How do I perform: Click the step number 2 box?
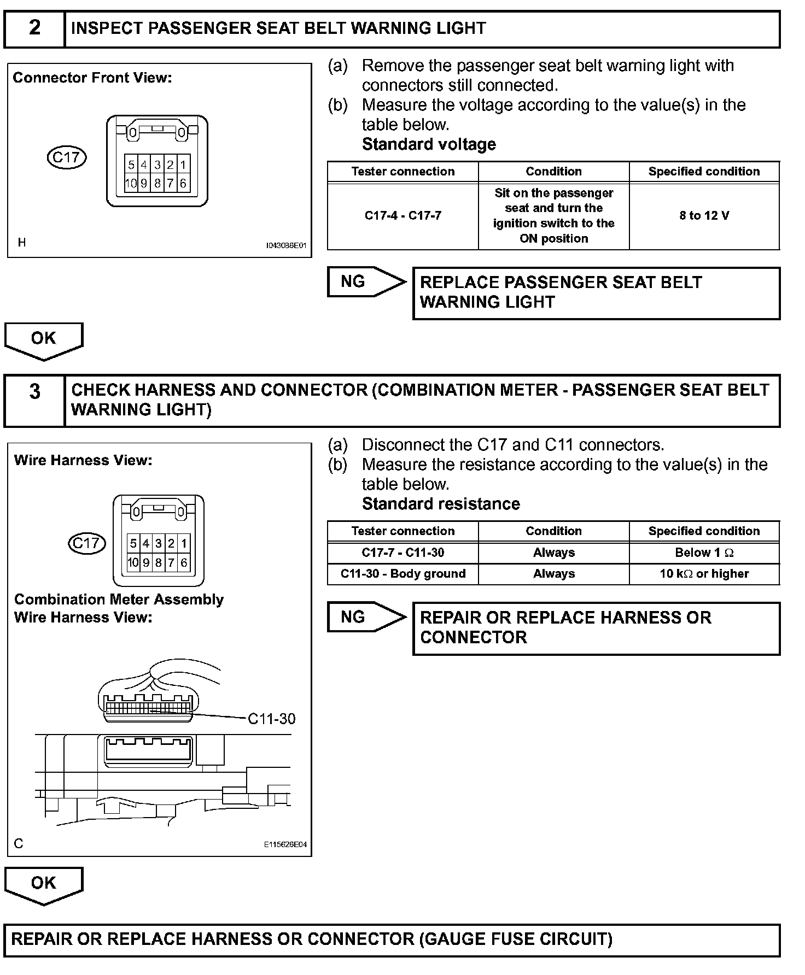(x=34, y=28)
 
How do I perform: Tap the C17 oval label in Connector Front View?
(x=67, y=157)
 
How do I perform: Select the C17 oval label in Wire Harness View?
(x=86, y=543)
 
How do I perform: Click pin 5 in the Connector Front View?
(x=131, y=165)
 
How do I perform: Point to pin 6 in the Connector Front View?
(x=183, y=184)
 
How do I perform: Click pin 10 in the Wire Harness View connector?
(x=133, y=562)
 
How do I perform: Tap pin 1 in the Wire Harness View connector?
(x=184, y=544)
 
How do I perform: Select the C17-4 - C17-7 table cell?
(x=402, y=216)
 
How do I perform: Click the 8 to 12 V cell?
(x=704, y=216)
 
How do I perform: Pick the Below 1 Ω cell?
(x=704, y=553)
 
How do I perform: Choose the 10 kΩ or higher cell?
(x=704, y=574)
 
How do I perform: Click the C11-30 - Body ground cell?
(x=402, y=574)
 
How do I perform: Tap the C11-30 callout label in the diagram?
(x=271, y=719)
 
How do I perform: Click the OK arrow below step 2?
(x=44, y=339)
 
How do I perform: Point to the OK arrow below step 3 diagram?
(x=44, y=884)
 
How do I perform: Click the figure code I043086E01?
(x=286, y=246)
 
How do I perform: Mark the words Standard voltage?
(x=429, y=144)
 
